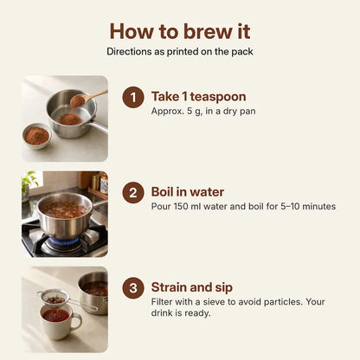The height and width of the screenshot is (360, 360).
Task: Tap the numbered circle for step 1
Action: point(133,97)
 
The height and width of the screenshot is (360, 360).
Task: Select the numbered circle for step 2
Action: point(133,192)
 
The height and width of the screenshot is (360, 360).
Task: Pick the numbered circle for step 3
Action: point(133,288)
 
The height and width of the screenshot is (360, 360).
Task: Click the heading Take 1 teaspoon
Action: point(199,97)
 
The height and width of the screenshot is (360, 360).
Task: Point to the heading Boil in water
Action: point(188,192)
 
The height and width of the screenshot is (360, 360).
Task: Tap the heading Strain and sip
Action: point(192,287)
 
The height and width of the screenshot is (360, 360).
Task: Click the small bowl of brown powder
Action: point(37,136)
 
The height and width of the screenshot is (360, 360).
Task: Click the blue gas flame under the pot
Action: point(65,241)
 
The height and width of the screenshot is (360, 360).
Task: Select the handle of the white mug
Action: point(76,322)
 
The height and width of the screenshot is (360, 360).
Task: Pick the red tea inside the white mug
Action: point(55,315)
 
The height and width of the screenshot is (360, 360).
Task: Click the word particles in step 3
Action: point(283,302)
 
